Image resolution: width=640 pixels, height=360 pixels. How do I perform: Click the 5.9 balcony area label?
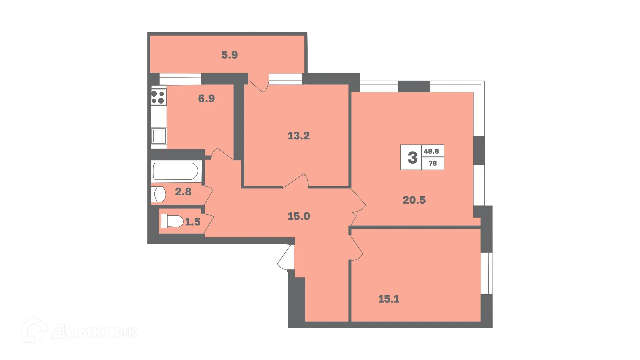pyautogui.click(x=229, y=55)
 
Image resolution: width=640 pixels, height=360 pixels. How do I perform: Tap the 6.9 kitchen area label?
pyautogui.click(x=206, y=99)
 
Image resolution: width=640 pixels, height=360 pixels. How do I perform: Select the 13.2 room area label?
pyautogui.click(x=299, y=136)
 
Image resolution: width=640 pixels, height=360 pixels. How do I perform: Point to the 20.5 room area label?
pyautogui.click(x=414, y=200)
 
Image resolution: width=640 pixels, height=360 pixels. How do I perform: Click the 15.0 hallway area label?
pyautogui.click(x=299, y=216)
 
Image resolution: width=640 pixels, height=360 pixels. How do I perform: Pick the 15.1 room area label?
pyautogui.click(x=389, y=299)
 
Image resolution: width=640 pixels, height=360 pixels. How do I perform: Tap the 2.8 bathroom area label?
pyautogui.click(x=183, y=192)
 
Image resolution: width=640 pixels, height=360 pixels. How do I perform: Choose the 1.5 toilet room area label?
pyautogui.click(x=193, y=222)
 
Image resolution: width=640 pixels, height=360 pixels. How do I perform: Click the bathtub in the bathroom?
pyautogui.click(x=176, y=171)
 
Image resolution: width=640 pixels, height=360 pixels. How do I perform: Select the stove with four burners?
pyautogui.click(x=158, y=97)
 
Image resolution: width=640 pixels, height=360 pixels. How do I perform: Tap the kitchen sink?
pyautogui.click(x=158, y=136)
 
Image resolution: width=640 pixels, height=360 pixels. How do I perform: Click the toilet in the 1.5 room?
pyautogui.click(x=172, y=221)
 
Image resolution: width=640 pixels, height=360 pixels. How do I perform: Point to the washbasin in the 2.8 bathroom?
pyautogui.click(x=159, y=194)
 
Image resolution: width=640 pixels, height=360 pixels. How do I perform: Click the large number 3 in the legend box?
pyautogui.click(x=412, y=157)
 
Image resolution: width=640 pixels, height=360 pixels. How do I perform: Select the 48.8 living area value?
pyautogui.click(x=431, y=151)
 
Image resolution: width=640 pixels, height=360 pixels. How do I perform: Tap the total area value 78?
pyautogui.click(x=433, y=163)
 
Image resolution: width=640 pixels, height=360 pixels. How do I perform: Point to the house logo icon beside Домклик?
pyautogui.click(x=34, y=330)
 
